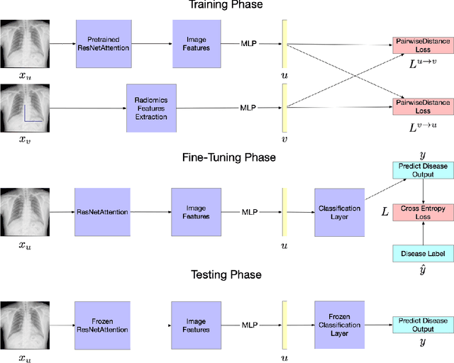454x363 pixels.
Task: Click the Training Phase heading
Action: coord(226,5)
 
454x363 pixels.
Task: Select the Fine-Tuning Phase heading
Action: coord(226,157)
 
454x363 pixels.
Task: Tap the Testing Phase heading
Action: coord(226,274)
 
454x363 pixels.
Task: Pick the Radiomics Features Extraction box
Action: coord(150,107)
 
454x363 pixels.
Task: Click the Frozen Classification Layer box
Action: coord(338,325)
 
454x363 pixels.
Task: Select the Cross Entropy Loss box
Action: coord(422,212)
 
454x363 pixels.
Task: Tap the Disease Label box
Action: coord(422,253)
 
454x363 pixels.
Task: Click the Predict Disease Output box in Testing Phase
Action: coord(422,325)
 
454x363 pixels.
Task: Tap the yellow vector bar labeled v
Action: coord(284,107)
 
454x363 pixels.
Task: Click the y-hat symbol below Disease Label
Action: coord(422,269)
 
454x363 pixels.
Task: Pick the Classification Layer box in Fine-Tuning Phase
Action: coord(338,212)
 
